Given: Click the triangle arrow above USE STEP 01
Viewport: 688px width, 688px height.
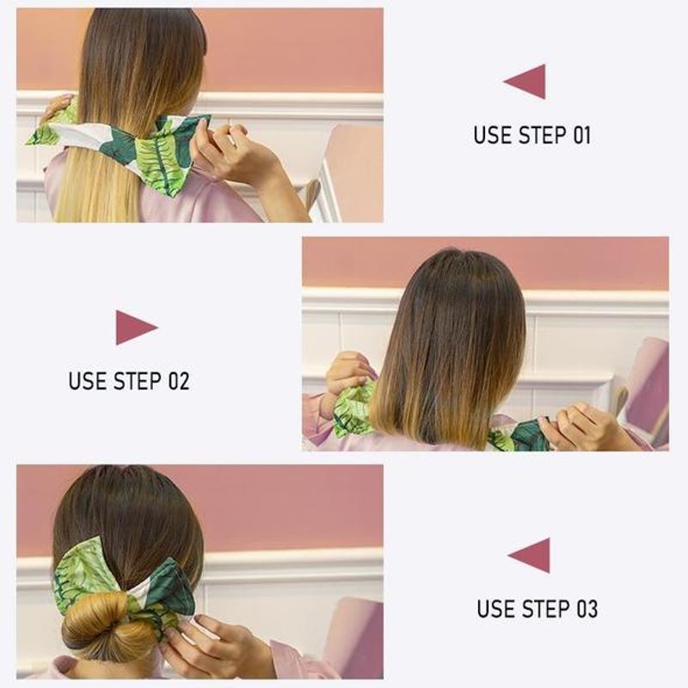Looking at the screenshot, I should click(x=526, y=82).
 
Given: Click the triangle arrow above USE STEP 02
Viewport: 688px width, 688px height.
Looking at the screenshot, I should click(x=135, y=328).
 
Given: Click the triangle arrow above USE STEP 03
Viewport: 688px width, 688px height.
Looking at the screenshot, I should click(x=531, y=555).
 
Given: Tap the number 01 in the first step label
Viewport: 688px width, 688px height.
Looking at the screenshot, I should click(x=579, y=135).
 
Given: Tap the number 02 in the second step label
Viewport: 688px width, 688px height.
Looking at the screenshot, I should click(x=177, y=381).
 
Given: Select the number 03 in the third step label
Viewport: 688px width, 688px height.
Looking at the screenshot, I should click(x=586, y=609).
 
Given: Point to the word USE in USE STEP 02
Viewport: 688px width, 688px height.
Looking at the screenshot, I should click(x=88, y=381).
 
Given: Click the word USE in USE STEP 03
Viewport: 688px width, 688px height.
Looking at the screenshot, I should click(x=496, y=609).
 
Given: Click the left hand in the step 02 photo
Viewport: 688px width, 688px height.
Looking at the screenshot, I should click(x=348, y=372).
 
